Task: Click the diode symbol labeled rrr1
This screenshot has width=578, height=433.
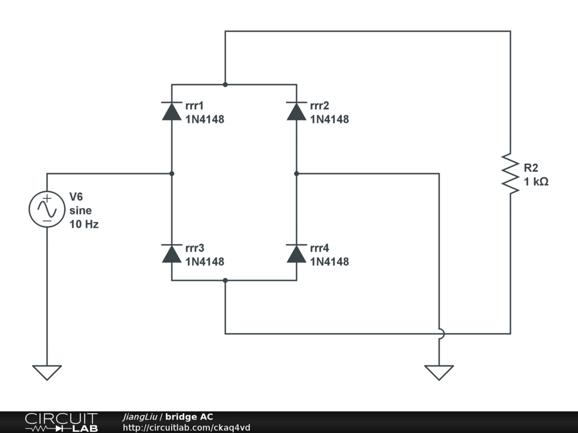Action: click(172, 111)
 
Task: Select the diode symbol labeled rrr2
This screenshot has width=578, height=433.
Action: click(296, 111)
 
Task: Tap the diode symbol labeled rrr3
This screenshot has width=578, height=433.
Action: click(172, 254)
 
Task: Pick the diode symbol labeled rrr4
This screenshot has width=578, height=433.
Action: click(296, 254)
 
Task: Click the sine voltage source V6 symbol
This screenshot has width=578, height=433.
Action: click(47, 209)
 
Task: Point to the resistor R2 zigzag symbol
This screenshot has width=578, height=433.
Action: click(510, 174)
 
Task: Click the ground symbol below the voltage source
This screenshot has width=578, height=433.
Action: click(47, 372)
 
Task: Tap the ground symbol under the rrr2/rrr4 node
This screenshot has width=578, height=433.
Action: click(439, 372)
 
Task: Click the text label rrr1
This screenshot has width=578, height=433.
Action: click(194, 105)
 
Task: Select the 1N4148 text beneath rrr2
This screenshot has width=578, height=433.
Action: click(329, 120)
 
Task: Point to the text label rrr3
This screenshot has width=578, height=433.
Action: click(194, 248)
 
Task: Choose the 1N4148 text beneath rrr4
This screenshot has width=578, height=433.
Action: click(329, 262)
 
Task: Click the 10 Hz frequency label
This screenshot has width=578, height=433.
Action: click(84, 224)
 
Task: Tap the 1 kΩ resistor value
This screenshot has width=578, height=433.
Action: click(536, 182)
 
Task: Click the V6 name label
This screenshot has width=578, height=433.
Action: click(76, 197)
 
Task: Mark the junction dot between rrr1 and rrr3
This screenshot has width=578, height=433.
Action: click(172, 174)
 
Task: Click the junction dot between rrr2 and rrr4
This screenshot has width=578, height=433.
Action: click(296, 174)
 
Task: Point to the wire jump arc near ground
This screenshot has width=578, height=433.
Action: click(440, 334)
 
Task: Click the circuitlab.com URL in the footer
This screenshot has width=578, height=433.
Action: click(186, 427)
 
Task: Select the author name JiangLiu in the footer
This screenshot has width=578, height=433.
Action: click(140, 417)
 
